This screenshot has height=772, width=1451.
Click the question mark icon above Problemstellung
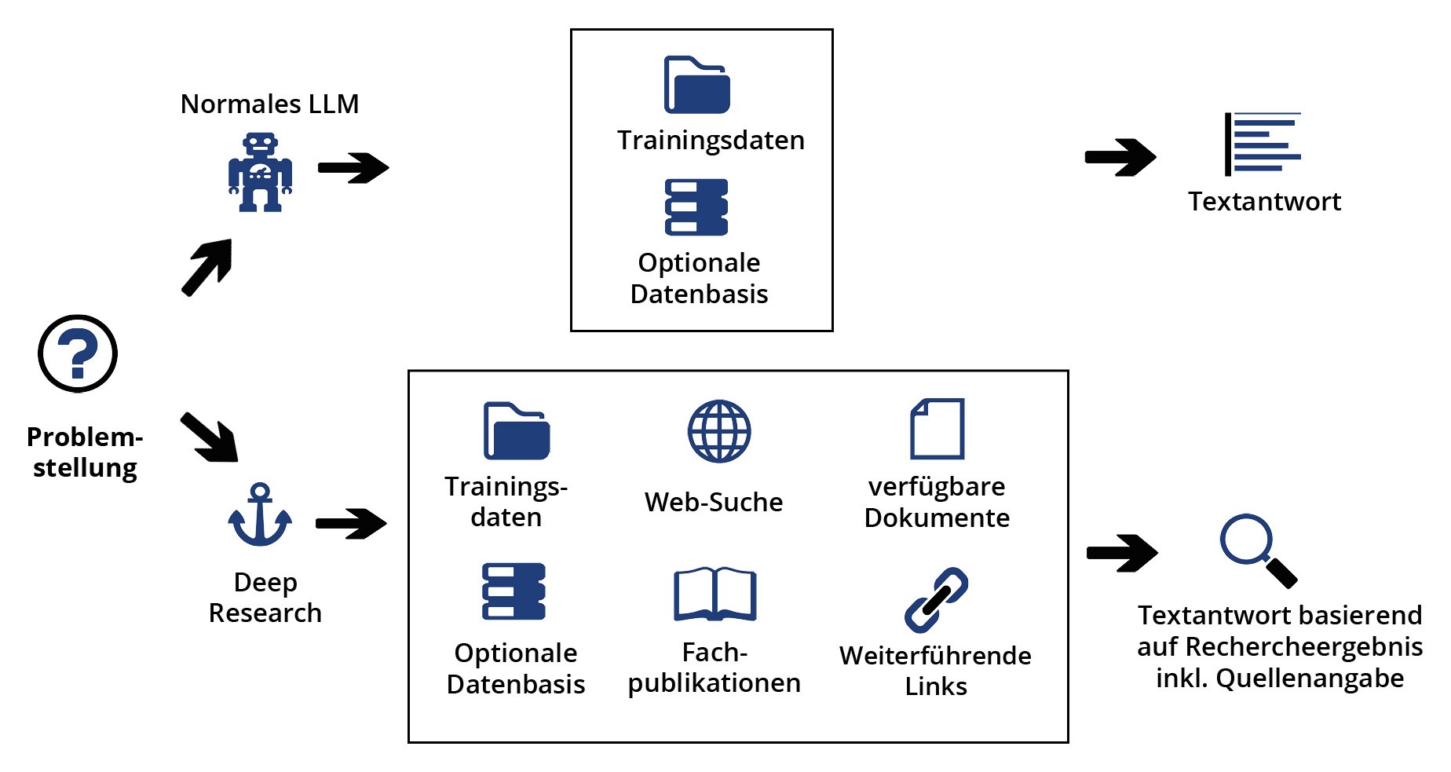point(78,353)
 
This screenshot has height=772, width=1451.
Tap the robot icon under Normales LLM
point(260,172)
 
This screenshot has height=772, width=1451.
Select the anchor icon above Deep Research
point(260,515)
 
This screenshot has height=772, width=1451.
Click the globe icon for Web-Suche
point(719,431)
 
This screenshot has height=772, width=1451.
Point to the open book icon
point(715,595)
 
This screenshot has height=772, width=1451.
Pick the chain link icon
point(936,600)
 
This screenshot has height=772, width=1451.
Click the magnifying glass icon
point(1257,550)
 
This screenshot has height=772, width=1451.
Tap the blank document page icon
point(937,429)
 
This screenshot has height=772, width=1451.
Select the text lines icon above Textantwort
point(1263,145)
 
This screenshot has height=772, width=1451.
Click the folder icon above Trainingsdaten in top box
point(697,85)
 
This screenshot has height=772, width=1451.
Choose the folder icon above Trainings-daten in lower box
point(517,431)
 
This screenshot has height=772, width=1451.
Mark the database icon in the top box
point(696,207)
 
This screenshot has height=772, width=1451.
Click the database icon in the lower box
point(514,591)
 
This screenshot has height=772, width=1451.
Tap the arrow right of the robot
point(353,167)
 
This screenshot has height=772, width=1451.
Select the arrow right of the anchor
point(351,523)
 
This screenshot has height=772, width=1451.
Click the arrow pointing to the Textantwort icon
point(1120,158)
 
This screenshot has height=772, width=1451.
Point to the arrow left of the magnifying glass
point(1122,553)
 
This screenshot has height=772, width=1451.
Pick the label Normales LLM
point(269,104)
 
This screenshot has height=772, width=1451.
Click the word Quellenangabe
point(1310,678)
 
